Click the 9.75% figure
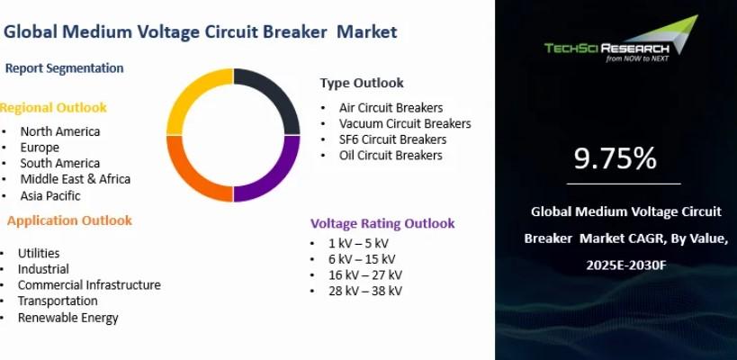pos(616,158)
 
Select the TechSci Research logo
pos(620,39)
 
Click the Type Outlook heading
pos(362,83)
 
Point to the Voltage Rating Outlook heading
pos(382,223)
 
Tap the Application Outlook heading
pos(69,220)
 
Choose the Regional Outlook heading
pos(53,108)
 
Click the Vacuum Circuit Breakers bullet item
pos(405,123)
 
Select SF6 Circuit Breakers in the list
pos(393,139)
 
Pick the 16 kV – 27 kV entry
pos(365,274)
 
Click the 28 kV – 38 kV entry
pos(365,291)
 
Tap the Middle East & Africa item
pos(76,179)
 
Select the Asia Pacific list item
pos(50,195)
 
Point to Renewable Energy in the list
pos(68,318)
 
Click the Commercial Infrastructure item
pos(89,284)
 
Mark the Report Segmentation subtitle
pos(65,68)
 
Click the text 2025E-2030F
pos(626,265)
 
